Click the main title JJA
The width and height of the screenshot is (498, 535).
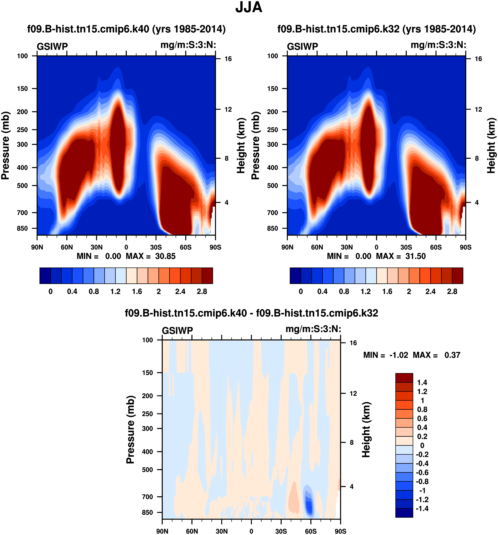coord(249,8)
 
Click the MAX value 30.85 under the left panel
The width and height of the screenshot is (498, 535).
coord(165,256)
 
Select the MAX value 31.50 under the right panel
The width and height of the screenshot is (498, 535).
coord(416,256)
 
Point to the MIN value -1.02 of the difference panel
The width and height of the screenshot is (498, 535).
coord(399,355)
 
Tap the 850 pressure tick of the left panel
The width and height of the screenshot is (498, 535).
coord(22,228)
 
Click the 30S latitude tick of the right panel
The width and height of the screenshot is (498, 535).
coord(406,247)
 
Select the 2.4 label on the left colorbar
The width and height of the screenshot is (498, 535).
coord(180,292)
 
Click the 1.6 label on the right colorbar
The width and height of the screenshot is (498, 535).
coord(387,292)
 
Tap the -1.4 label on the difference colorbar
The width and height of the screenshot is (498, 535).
coord(422,508)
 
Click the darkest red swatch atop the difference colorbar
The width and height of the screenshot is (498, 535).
coord(404,378)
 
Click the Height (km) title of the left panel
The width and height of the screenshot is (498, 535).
coord(241,145)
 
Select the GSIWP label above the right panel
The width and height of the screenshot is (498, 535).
coord(302,46)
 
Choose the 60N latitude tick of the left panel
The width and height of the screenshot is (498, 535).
coord(67,247)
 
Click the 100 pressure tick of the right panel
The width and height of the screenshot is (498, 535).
coord(273,56)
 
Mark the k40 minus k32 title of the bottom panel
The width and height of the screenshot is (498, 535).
coord(251,313)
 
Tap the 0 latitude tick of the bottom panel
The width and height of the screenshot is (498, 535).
coord(251,531)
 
